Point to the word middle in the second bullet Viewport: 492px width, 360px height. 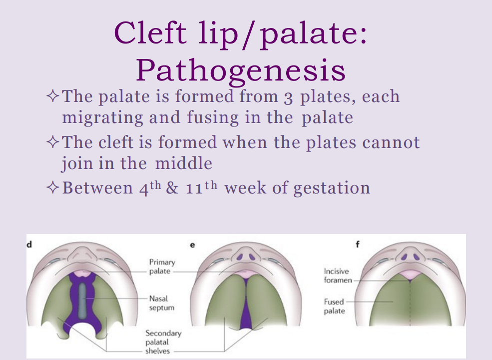pos(183,163)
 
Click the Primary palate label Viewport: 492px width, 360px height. pos(162,266)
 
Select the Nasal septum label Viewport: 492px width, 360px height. pos(161,303)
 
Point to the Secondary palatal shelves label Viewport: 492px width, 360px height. pos(163,341)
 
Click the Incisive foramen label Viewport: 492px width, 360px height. pos(336,275)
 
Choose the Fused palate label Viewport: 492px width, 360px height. pos(334,306)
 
